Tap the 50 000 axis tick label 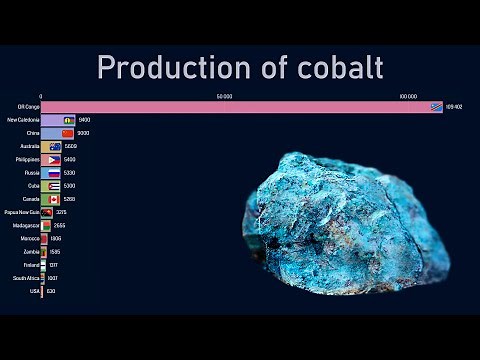(224, 97)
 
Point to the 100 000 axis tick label (407, 97)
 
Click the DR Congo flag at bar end (436, 107)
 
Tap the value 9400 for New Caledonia (84, 120)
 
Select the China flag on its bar (68, 133)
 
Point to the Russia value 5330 (69, 172)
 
